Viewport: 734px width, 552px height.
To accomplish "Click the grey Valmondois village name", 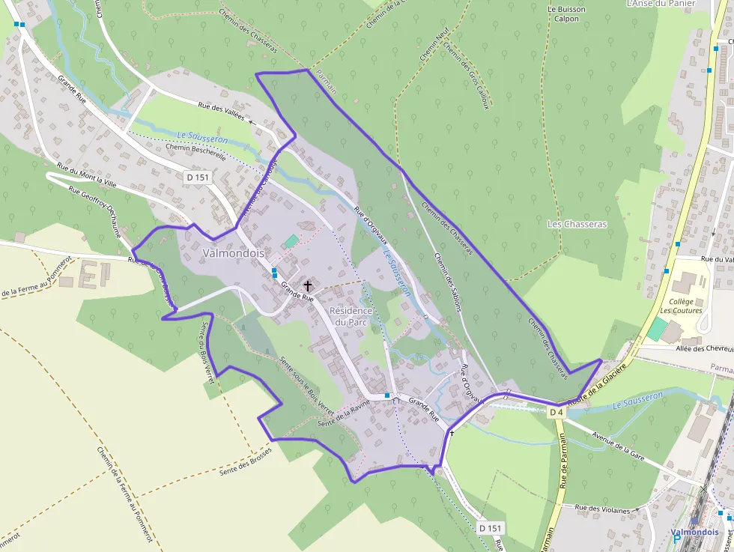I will point(234,253).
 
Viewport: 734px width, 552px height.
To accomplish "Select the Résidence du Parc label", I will point(351,316).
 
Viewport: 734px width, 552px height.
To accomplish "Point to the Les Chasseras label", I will point(577,224).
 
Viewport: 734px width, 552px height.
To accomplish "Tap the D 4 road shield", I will point(556,412).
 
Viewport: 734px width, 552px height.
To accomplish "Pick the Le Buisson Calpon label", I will point(566,14).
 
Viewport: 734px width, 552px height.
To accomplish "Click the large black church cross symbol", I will point(307,286).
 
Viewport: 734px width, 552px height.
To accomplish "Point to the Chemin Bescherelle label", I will point(195,149).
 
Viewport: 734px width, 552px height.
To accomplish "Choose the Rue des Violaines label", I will point(603,509).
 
